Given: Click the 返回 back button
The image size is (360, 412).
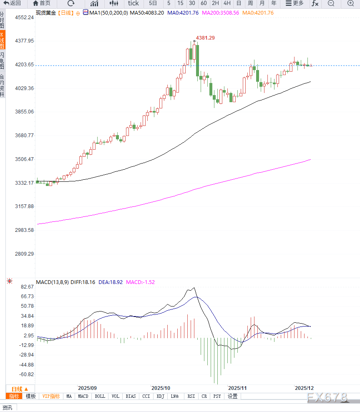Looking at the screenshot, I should (x=13, y=3).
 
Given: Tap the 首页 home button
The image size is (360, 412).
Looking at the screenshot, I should (x=42, y=3).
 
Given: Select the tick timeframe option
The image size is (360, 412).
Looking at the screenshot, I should (x=133, y=3).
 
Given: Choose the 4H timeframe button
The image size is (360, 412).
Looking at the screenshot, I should (x=227, y=3).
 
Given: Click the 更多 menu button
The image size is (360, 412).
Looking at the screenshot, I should (x=295, y=3).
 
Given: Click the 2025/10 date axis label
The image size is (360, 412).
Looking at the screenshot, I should (x=161, y=388).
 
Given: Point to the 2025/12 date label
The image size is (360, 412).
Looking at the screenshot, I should (x=305, y=388).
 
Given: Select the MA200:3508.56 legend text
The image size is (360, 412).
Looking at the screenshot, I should (x=220, y=13).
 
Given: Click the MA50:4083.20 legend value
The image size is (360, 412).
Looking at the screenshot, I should (x=147, y=13).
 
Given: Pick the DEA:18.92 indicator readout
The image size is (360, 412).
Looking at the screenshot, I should (x=111, y=282).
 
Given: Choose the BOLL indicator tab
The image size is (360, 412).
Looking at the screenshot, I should (x=100, y=397).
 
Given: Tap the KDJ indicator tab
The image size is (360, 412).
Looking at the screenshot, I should (x=160, y=397).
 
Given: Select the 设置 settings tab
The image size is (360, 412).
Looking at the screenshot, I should (x=232, y=397).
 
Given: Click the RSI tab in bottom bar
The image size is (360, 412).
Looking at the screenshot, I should (x=191, y=397).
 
